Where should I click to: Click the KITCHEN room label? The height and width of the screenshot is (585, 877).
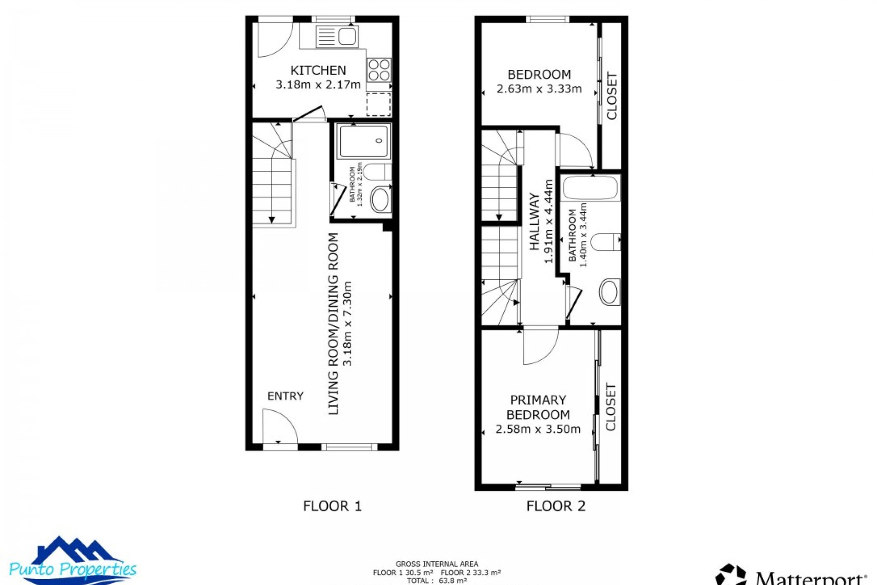point(318,70)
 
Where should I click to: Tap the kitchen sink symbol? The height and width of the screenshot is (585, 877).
point(337,37)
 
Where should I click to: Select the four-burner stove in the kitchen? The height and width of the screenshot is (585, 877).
point(379,69)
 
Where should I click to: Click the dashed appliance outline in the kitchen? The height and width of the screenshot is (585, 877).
point(379,104)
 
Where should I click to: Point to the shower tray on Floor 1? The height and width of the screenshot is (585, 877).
point(364,141)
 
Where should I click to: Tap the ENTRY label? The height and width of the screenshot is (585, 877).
point(285,396)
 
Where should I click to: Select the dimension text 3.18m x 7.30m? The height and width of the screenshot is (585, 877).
point(348,323)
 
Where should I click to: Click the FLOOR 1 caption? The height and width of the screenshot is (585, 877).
point(332,506)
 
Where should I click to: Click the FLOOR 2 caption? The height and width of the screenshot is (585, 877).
point(555,506)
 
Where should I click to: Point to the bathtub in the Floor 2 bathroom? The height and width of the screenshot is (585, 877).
point(590,188)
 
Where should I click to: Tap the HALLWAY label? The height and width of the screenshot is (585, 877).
point(534,222)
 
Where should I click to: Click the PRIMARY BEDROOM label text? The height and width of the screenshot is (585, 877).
point(538,407)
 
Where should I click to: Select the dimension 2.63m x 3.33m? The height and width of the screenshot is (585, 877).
point(539,89)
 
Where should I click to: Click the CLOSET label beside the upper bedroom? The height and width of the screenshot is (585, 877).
point(612,96)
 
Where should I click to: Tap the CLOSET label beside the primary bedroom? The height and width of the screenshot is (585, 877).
point(611,407)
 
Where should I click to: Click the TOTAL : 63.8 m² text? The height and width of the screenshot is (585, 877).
point(437,581)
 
